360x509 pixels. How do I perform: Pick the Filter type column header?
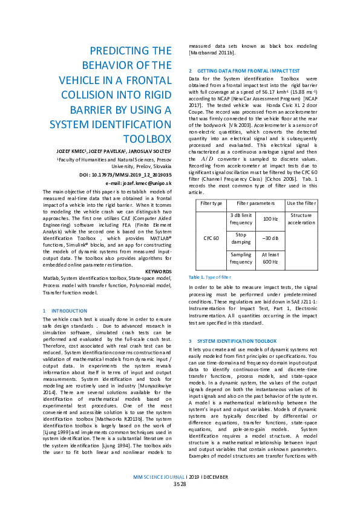pyautogui.click(x=208, y=203)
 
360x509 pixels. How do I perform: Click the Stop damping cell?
pyautogui.click(x=241, y=238)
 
